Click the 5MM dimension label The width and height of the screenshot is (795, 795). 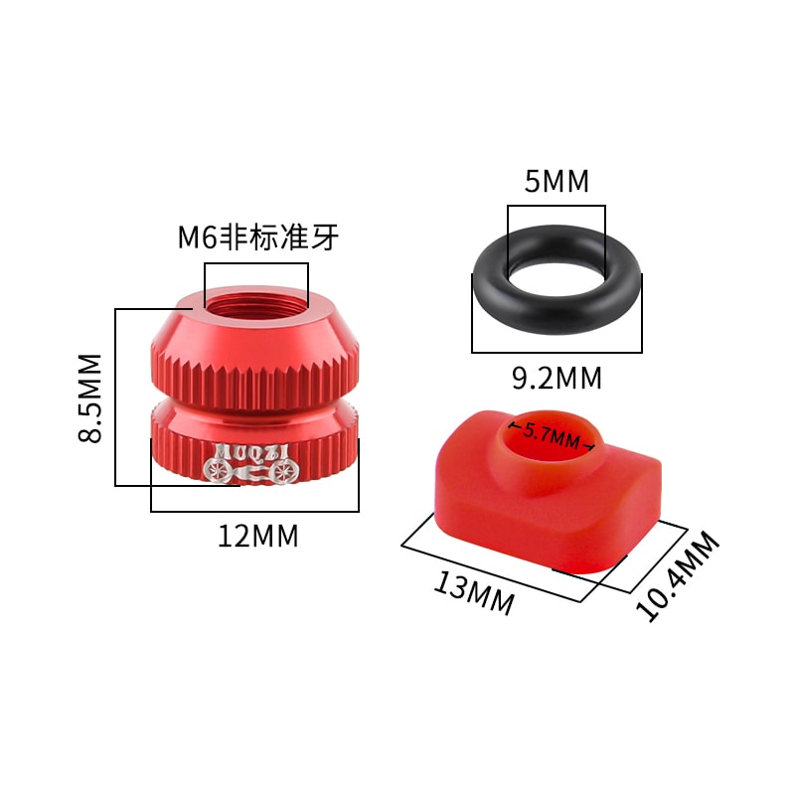pyautogui.click(x=556, y=182)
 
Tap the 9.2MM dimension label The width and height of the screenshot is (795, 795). pyautogui.click(x=556, y=379)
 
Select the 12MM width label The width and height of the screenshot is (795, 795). pyautogui.click(x=258, y=537)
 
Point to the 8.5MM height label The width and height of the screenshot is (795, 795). pyautogui.click(x=90, y=397)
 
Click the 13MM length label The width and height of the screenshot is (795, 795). pyautogui.click(x=474, y=592)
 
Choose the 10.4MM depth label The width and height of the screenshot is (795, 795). pyautogui.click(x=679, y=576)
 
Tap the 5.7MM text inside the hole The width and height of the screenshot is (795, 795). pyautogui.click(x=552, y=436)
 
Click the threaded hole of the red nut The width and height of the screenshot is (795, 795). pyautogui.click(x=256, y=298)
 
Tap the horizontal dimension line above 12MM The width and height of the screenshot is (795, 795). pyautogui.click(x=254, y=511)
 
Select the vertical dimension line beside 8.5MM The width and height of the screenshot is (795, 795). pyautogui.click(x=116, y=397)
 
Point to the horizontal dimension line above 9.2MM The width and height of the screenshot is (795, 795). pyautogui.click(x=556, y=351)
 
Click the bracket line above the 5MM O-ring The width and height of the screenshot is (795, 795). pyautogui.click(x=556, y=206)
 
